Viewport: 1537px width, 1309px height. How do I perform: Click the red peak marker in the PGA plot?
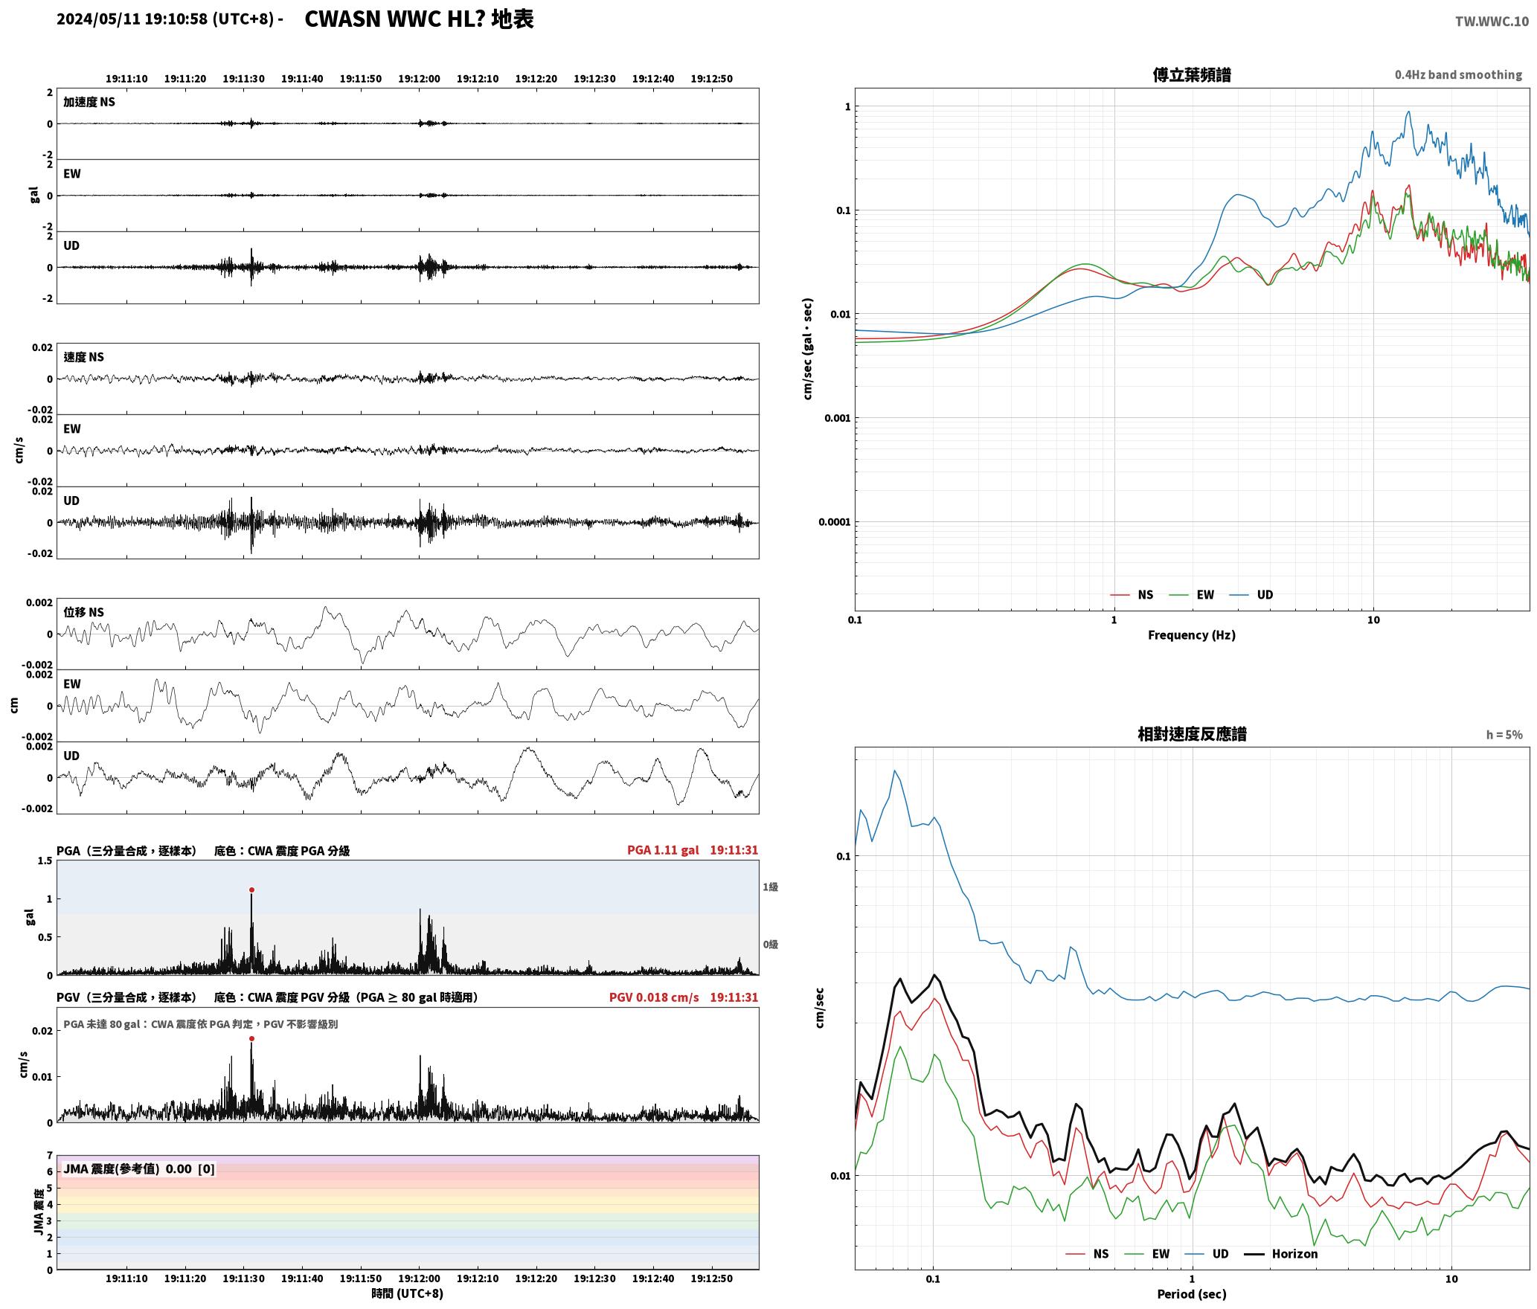coord(251,890)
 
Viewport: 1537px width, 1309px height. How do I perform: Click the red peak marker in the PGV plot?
coord(251,1038)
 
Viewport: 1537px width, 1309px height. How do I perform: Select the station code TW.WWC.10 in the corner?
coord(1492,21)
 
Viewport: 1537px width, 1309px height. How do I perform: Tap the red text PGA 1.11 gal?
coord(663,849)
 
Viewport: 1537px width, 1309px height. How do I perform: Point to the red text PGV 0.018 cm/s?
coord(654,997)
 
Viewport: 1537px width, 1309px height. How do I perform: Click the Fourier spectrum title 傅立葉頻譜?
coord(1192,74)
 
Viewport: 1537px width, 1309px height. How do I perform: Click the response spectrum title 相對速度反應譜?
coord(1192,733)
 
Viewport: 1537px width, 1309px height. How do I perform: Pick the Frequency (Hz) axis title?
coord(1191,634)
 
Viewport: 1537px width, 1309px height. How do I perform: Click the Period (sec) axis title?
coord(1191,1293)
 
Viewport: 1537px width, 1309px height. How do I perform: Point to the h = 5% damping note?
coord(1504,734)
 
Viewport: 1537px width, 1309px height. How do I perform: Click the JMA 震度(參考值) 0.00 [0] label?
coord(139,1168)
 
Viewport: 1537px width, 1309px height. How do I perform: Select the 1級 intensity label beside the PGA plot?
coord(770,887)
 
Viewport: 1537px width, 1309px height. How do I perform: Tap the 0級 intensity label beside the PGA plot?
coord(770,944)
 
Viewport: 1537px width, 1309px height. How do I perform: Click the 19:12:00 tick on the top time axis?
coord(419,78)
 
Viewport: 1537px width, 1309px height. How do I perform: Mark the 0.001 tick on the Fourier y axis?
coord(837,418)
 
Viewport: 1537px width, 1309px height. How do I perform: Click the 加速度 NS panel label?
coord(89,102)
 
